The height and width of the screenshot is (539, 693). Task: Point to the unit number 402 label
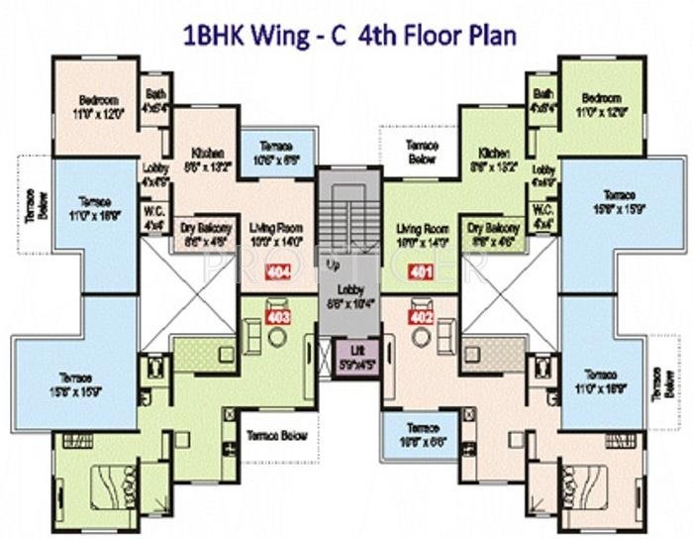click(422, 319)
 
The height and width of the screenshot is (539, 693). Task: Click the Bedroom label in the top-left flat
click(99, 100)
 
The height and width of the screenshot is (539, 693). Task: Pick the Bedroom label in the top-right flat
click(601, 97)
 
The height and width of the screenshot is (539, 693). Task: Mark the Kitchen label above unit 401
click(493, 154)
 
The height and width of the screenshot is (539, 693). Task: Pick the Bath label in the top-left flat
click(155, 94)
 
